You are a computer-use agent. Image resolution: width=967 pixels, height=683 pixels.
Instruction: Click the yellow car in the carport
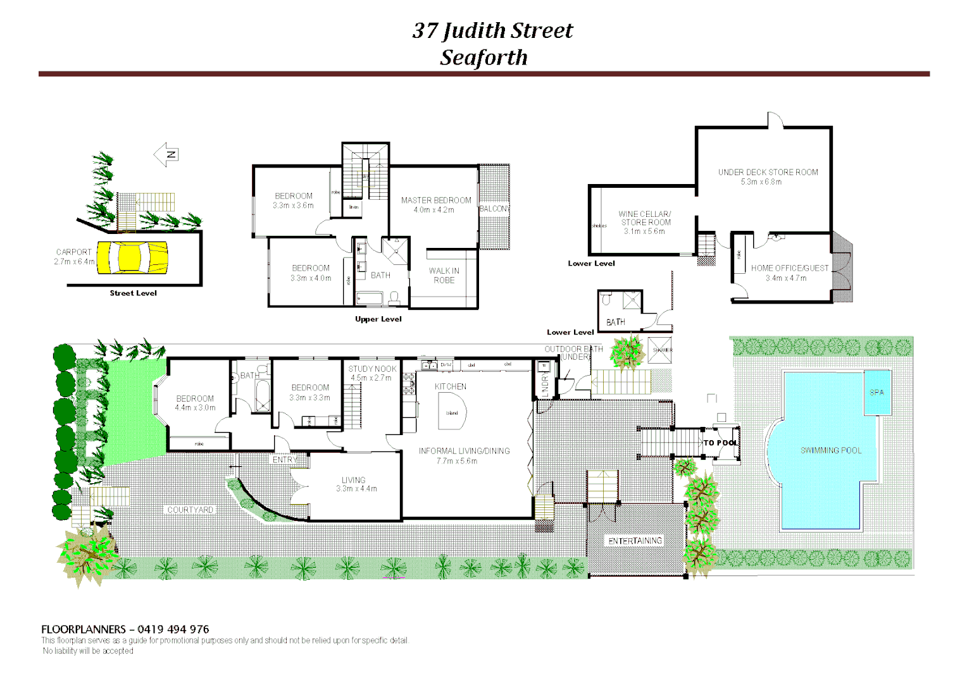[x=132, y=257]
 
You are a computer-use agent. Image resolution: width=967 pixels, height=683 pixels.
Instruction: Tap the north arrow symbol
[x=166, y=154]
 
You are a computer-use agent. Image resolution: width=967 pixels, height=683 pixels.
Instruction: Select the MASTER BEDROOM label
[x=436, y=200]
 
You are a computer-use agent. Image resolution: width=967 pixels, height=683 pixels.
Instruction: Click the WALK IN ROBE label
[x=444, y=276]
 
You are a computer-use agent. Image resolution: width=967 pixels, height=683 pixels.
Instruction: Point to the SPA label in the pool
[x=877, y=393]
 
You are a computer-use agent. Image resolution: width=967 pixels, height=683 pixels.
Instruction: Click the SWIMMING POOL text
[x=831, y=451]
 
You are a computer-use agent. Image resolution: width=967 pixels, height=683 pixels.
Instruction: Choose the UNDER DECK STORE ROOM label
[x=768, y=172]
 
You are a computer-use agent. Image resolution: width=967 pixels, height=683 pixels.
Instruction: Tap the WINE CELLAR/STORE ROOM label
[x=645, y=218]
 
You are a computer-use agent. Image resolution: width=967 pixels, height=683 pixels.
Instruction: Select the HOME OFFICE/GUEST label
[x=789, y=268]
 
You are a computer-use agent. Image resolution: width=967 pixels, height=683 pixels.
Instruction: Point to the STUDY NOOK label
[x=372, y=369]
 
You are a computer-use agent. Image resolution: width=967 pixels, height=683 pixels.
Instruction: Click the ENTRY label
[x=284, y=460]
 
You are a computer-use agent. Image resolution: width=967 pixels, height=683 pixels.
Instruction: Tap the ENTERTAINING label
[x=635, y=541]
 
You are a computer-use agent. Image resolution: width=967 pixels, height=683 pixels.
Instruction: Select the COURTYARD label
[x=190, y=510]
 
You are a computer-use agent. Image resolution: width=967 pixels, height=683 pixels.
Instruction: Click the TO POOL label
[x=720, y=443]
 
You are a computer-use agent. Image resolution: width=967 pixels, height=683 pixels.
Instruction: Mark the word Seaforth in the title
[x=483, y=58]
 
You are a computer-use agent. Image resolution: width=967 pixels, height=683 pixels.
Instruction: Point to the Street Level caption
[x=133, y=293]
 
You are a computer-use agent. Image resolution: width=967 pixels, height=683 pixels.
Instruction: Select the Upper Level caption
[x=378, y=319]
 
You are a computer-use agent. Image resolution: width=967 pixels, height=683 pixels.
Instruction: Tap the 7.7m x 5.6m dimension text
[x=456, y=461]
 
